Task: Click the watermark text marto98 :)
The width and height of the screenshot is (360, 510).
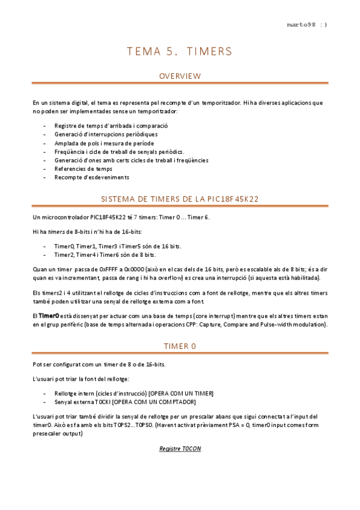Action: (x=307, y=25)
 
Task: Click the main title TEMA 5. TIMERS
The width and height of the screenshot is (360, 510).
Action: (x=180, y=51)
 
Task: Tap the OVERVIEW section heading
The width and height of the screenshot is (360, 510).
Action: (x=180, y=76)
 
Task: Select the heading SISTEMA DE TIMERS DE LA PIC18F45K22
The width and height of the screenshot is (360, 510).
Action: (x=180, y=198)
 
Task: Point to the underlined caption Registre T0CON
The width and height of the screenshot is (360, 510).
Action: (x=180, y=449)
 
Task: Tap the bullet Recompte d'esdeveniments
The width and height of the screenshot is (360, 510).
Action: (x=91, y=177)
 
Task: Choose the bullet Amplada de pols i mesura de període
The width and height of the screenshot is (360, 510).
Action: (x=104, y=143)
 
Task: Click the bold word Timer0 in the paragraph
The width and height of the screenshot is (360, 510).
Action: (x=49, y=316)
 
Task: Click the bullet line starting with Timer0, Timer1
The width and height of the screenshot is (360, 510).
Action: (x=117, y=247)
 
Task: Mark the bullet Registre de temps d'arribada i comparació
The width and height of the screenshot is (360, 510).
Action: (x=111, y=126)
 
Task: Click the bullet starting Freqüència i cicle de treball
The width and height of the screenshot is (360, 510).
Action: (x=119, y=152)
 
